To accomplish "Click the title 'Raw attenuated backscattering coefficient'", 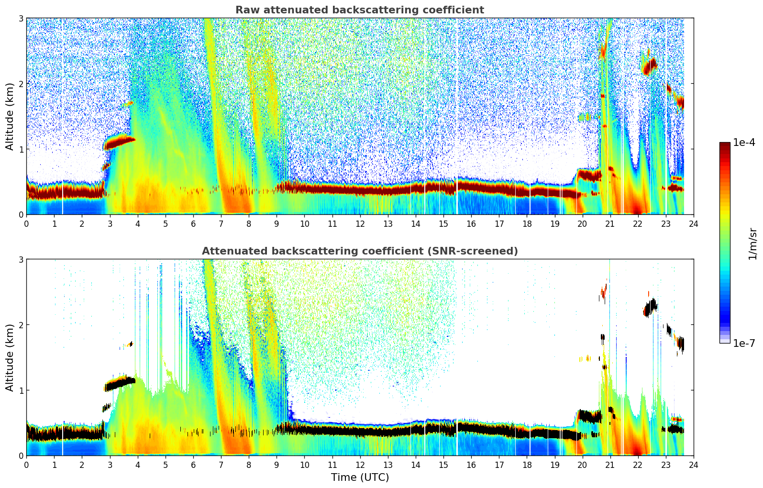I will tap(359, 10).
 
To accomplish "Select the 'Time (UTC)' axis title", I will tap(360, 477).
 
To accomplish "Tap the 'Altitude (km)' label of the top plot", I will tap(10, 116).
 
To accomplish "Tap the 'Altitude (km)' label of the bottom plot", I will tap(10, 357).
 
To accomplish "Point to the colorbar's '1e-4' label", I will tap(744, 143).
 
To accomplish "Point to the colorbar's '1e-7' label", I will tap(744, 343).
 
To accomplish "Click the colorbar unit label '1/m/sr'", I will tap(752, 243).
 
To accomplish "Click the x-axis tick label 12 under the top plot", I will tap(360, 223).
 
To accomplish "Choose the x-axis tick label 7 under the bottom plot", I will tap(221, 465).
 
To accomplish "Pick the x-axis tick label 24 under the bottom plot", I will tap(693, 465).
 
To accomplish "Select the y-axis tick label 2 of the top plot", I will tap(21, 84).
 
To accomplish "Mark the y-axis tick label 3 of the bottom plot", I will tap(21, 259).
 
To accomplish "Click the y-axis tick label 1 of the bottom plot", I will tap(21, 390).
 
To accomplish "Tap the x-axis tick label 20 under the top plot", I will tap(582, 223).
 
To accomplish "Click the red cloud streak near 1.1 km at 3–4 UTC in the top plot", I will tap(120, 142).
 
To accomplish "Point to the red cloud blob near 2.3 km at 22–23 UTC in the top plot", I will tap(649, 66).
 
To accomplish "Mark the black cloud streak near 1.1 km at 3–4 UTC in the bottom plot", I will tap(120, 383).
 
